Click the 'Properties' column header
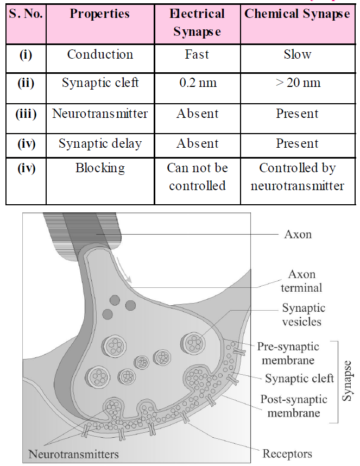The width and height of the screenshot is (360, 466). [x=99, y=14]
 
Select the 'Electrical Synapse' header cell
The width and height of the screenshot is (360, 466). [x=197, y=23]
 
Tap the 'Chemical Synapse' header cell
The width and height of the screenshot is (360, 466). [x=297, y=14]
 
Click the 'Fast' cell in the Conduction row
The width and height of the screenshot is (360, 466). [x=197, y=54]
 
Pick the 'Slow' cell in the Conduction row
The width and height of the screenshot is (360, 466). [x=297, y=54]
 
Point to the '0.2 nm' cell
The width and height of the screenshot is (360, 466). [x=197, y=83]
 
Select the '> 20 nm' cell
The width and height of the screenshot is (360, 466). [x=297, y=83]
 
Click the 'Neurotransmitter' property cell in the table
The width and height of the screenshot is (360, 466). [x=99, y=114]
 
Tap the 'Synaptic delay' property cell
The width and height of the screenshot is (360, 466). [x=99, y=143]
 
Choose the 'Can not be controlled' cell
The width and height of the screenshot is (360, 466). [x=197, y=177]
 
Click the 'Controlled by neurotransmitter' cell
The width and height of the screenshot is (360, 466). [x=297, y=177]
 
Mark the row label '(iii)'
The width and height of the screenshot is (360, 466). [x=26, y=114]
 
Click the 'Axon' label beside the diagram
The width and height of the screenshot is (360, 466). [x=298, y=235]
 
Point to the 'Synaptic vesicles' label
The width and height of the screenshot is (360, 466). [x=303, y=314]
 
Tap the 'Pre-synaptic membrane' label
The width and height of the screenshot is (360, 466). [x=288, y=352]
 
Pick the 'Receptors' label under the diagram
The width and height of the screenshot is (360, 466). [x=287, y=453]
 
